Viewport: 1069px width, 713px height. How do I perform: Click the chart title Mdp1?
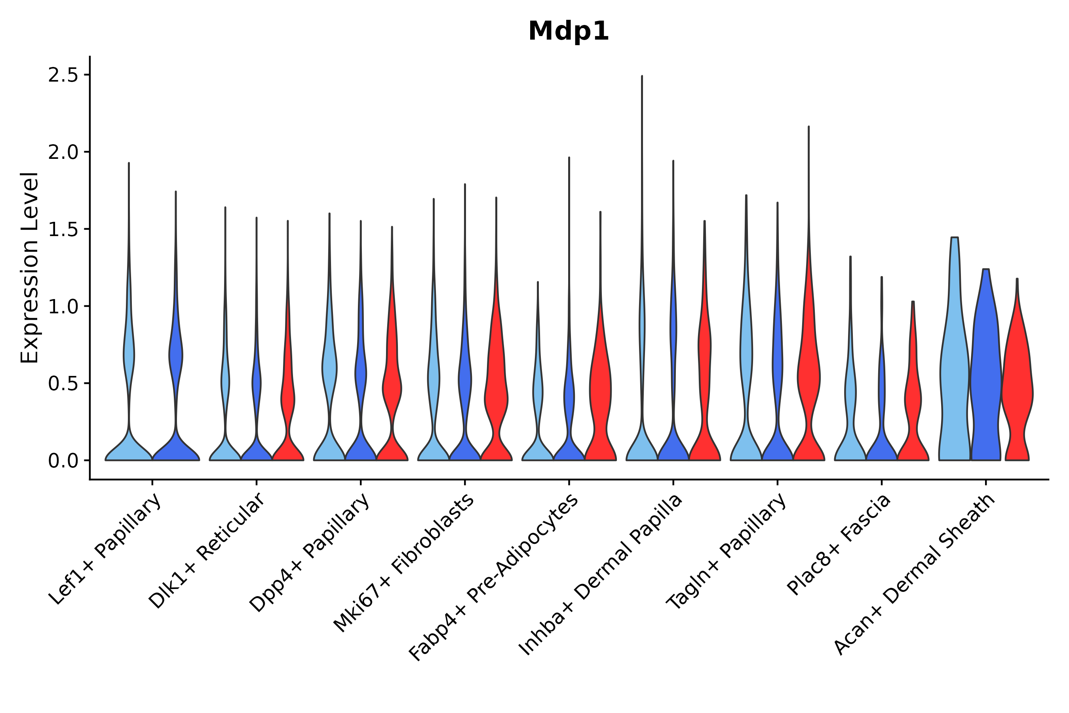pyautogui.click(x=568, y=32)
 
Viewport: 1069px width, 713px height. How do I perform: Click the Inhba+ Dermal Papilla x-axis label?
pyautogui.click(x=601, y=575)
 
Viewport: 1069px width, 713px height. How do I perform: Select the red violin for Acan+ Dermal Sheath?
pyautogui.click(x=1017, y=387)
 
